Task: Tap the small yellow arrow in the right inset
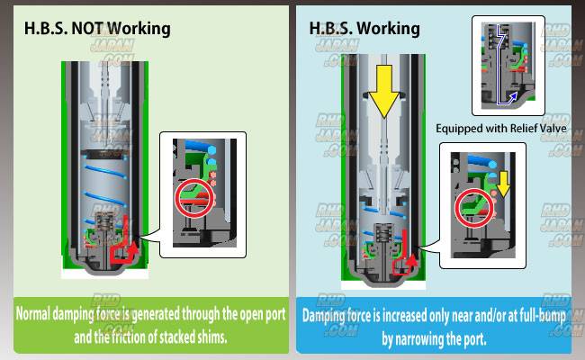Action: coord(503,184)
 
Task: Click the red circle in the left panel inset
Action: coord(194,199)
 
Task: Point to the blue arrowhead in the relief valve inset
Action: coord(513,96)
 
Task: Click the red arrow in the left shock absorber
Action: coord(125,242)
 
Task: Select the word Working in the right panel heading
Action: coord(388,29)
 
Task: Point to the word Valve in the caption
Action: coord(552,129)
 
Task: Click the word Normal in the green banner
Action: coord(32,314)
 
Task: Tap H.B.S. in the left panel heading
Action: coord(46,29)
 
